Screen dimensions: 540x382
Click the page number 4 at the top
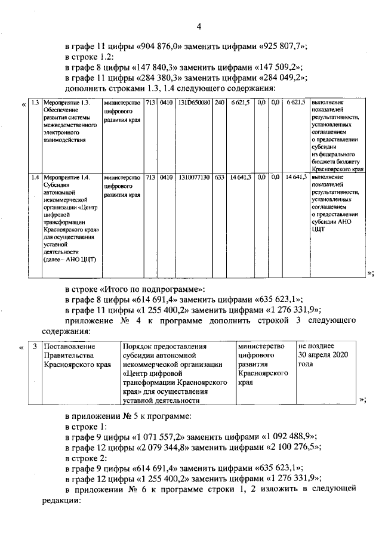199,26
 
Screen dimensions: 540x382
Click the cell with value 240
220,103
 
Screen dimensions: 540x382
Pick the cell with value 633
220,177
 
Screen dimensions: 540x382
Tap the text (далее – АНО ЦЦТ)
70,258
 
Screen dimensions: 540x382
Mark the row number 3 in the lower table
35,346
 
